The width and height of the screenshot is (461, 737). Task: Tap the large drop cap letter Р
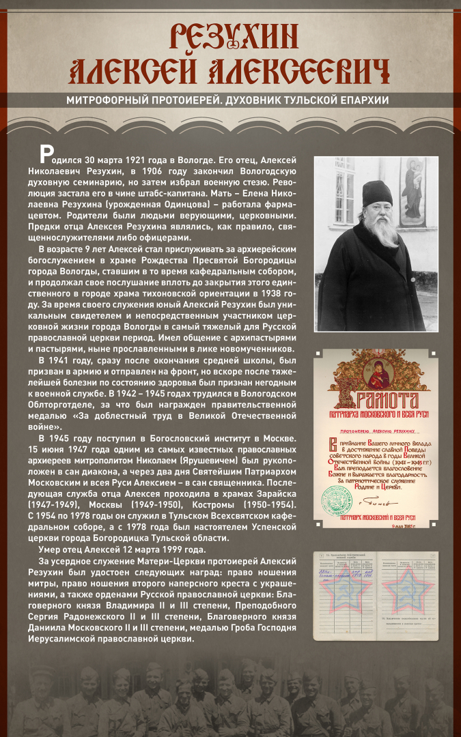coord(46,153)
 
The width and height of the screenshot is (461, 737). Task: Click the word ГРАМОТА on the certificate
coord(383,400)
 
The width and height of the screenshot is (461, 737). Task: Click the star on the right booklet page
coord(408,594)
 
